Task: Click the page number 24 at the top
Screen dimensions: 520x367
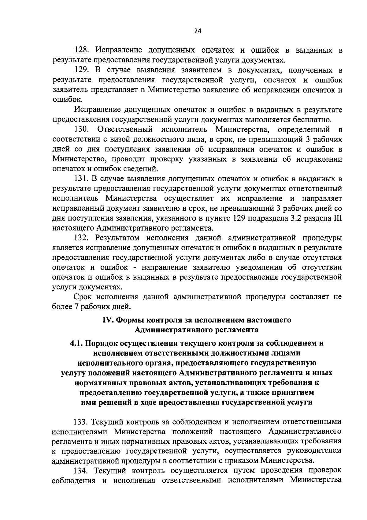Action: pyautogui.click(x=198, y=31)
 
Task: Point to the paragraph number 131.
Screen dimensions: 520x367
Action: pyautogui.click(x=83, y=179)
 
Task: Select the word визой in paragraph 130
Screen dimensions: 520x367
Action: pyautogui.click(x=118, y=139)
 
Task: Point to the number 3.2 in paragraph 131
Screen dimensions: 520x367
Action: pyautogui.click(x=291, y=218)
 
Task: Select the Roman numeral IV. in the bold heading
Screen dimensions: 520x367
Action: pyautogui.click(x=109, y=321)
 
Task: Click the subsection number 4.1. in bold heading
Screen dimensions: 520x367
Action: pyautogui.click(x=77, y=343)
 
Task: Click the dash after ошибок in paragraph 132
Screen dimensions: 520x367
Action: pyautogui.click(x=134, y=268)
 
